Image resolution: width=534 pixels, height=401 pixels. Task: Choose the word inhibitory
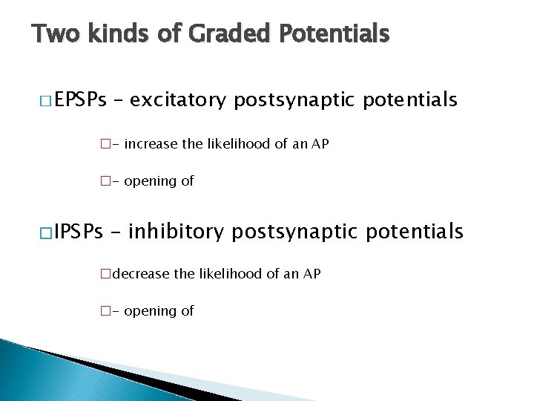176,232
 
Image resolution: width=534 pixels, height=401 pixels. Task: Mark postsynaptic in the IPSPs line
295,232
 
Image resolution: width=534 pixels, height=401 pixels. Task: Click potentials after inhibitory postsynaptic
415,232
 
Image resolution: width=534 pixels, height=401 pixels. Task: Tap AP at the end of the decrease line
311,274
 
